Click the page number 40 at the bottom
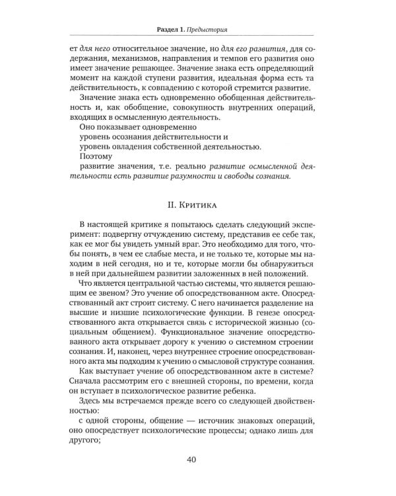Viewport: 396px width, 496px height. point(198,460)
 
